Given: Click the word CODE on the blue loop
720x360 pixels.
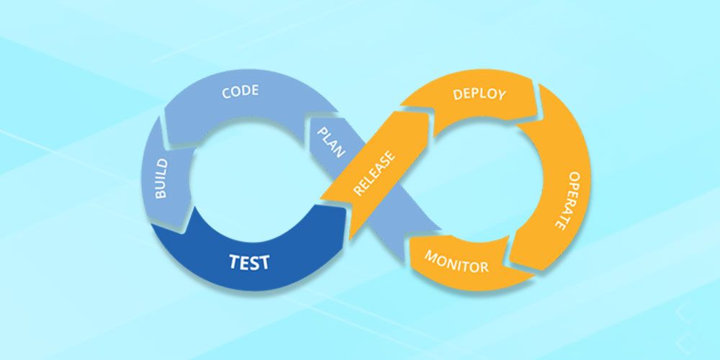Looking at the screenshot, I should (x=240, y=92).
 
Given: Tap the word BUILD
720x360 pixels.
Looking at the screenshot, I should (x=161, y=179).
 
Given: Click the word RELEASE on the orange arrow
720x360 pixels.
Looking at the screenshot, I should (x=374, y=173).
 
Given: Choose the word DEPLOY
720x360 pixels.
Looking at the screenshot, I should (x=480, y=94).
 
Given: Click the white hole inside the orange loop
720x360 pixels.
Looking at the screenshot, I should (x=475, y=176).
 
